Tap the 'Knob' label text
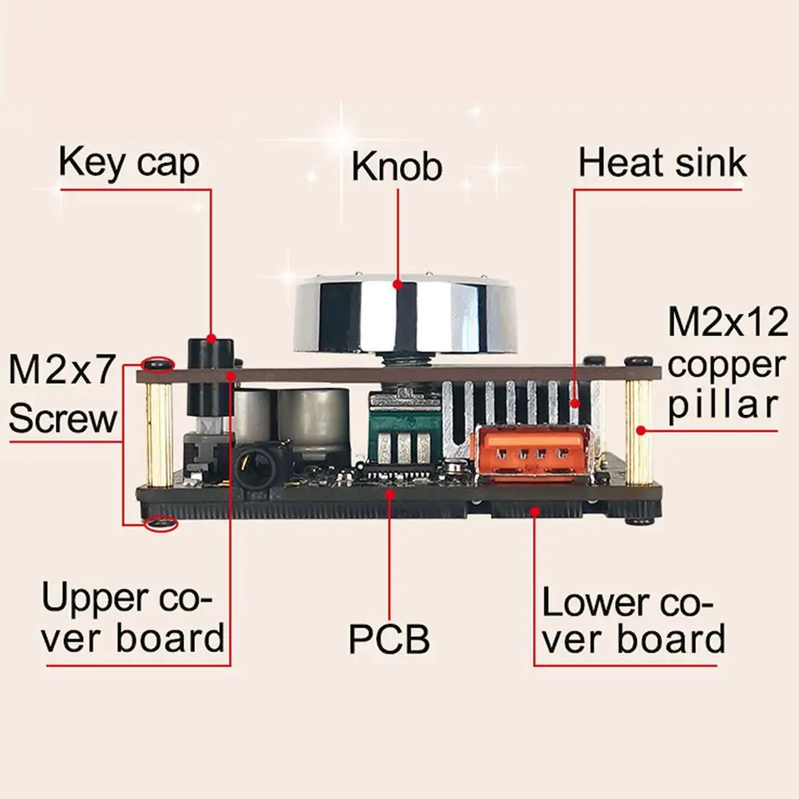coord(397,167)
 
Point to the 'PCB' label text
coord(390,639)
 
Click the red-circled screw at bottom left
coord(163,524)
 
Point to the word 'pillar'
coord(722,405)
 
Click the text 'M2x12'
coord(727,322)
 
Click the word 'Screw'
coord(64,417)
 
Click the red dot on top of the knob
coord(397,283)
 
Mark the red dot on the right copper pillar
coord(640,430)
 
